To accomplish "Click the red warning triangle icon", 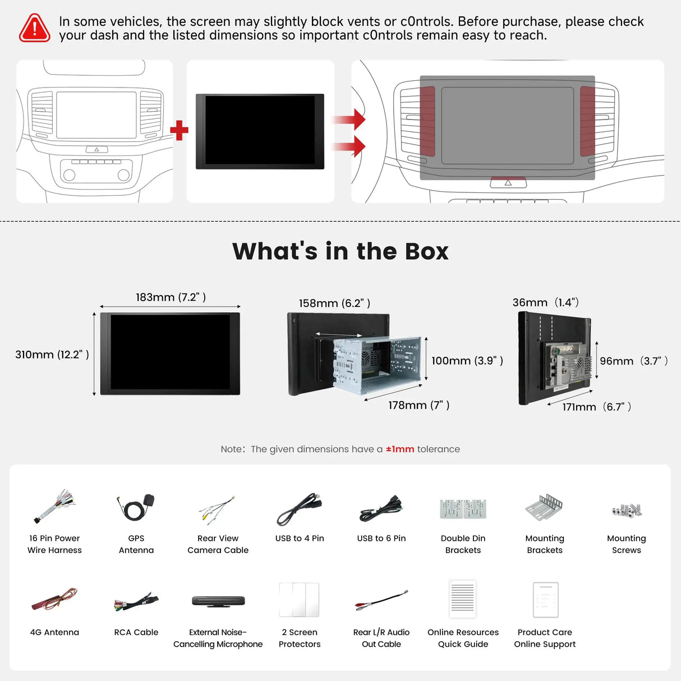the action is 34,28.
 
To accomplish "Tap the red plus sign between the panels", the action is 179,130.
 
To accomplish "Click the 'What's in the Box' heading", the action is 340,251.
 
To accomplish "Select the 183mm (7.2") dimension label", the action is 171,297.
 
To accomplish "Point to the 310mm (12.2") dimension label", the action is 52,355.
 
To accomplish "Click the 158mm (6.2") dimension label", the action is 334,303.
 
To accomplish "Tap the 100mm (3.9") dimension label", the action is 467,361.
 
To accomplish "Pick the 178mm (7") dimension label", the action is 419,405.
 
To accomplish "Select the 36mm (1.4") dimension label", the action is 546,302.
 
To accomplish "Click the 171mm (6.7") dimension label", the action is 596,407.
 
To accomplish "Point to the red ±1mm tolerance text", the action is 400,449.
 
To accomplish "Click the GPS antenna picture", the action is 136,507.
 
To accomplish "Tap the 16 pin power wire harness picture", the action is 55,506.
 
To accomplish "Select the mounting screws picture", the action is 627,510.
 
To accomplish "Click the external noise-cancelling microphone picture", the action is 218,601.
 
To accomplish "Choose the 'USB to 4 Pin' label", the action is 300,538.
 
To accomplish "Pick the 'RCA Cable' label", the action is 136,632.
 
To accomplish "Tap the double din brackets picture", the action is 463,509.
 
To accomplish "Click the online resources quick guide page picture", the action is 463,599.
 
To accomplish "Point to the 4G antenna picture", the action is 54,599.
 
